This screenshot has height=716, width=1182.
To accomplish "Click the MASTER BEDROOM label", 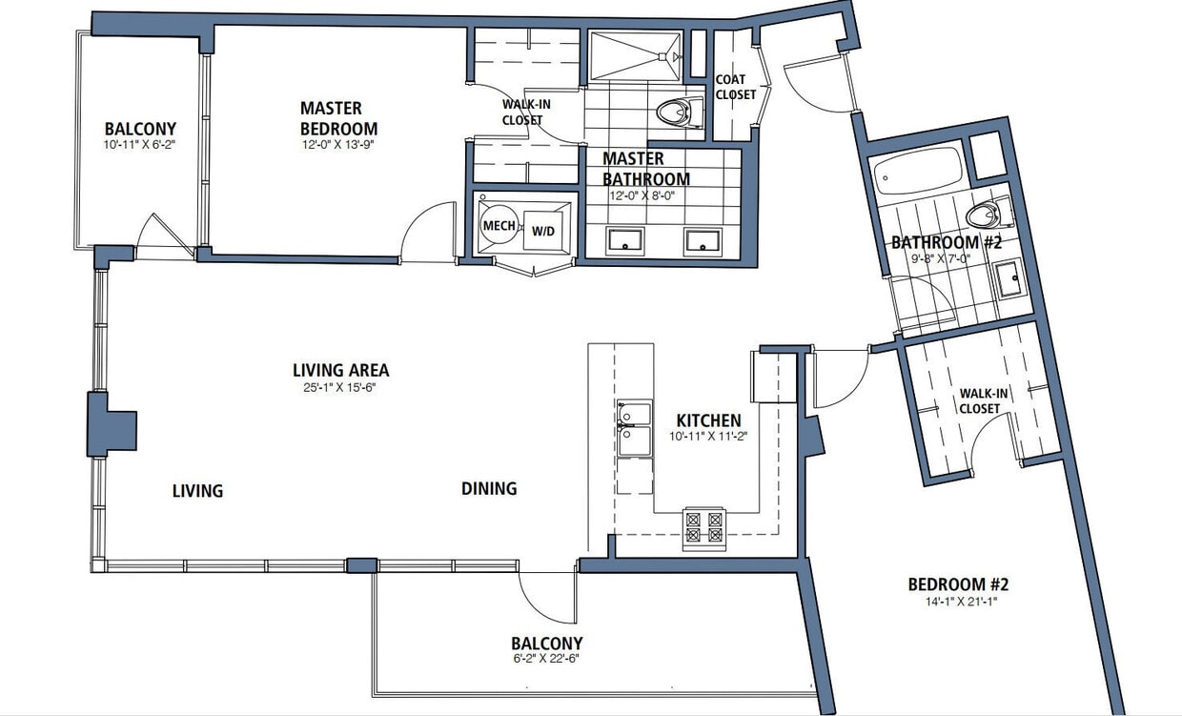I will click(338, 118).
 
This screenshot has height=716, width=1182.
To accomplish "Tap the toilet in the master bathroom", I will click(675, 112).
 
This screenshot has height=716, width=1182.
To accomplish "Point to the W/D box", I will click(542, 230).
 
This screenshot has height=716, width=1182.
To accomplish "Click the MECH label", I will click(499, 226).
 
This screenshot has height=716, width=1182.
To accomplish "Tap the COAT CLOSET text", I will click(735, 87).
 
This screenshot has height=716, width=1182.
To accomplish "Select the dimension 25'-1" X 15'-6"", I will click(340, 388).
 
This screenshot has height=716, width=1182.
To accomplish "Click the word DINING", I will click(489, 488).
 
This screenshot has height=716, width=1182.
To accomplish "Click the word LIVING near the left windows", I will click(197, 491).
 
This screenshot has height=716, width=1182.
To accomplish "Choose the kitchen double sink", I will click(634, 428).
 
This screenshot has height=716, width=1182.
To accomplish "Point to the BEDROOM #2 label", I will click(957, 584).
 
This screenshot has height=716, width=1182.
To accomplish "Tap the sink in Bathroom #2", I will click(1009, 279).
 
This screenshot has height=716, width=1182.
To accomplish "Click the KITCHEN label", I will click(708, 420).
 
